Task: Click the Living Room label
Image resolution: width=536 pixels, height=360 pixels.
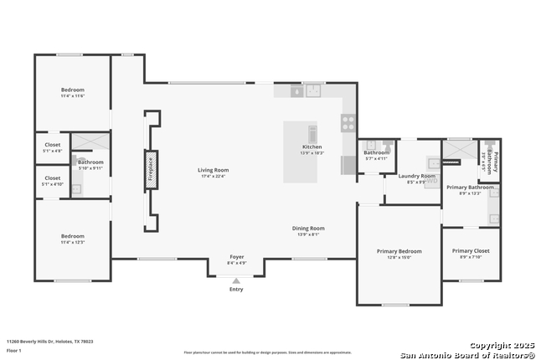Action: (214, 169)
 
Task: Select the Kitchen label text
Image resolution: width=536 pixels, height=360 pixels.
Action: (312, 147)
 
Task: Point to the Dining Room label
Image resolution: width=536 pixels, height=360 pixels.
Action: (307, 228)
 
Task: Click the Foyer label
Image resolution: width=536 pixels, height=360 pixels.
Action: (237, 257)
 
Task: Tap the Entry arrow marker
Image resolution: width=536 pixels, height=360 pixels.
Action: (236, 280)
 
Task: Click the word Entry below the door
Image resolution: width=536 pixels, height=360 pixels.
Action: (236, 290)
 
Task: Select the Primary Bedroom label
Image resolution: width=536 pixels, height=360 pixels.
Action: (399, 251)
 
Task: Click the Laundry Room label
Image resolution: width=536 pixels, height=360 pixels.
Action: (416, 176)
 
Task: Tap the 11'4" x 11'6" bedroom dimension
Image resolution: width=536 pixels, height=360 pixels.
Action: (72, 96)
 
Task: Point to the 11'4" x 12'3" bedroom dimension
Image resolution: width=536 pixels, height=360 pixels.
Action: (72, 242)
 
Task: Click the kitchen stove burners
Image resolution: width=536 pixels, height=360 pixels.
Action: (348, 122)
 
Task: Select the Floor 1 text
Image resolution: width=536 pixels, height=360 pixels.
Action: (14, 350)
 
